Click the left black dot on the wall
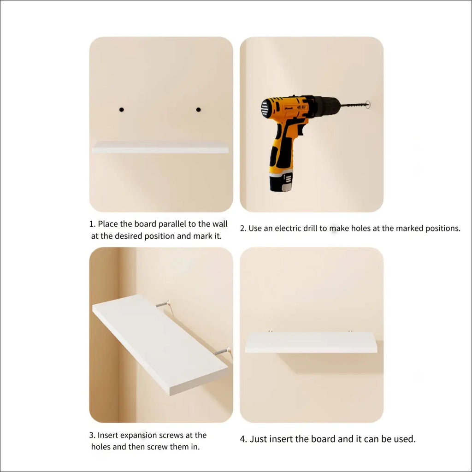122,110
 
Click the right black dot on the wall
198,110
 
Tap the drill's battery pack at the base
281,182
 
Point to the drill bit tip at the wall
368,105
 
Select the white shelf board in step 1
160,147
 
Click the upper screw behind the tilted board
163,304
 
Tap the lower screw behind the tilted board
223,351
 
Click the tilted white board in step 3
160,345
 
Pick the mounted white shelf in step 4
311,342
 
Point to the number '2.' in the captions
243,229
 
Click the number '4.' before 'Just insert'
243,439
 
